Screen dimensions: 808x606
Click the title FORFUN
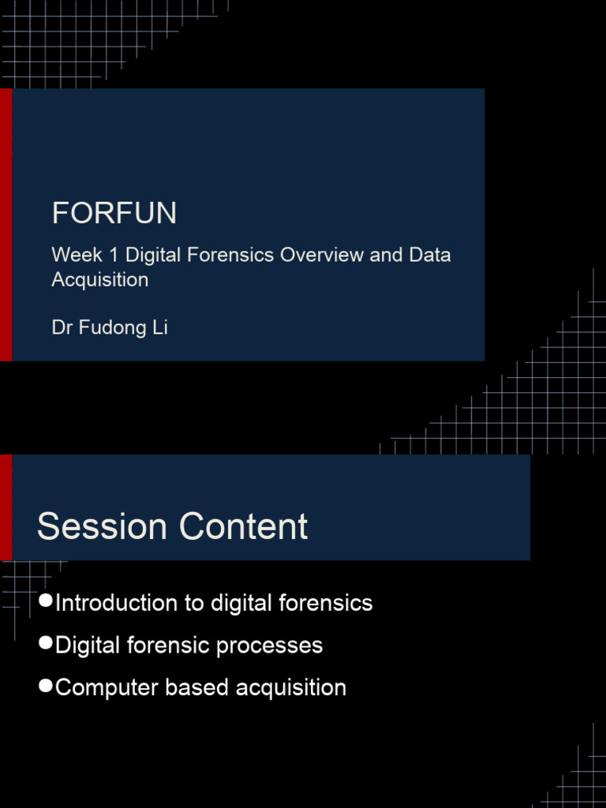pyautogui.click(x=114, y=213)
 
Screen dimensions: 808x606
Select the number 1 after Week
pyautogui.click(x=110, y=255)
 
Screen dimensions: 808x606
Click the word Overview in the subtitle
pyautogui.click(x=322, y=255)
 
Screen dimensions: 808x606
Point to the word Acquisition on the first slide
pyautogui.click(x=99, y=279)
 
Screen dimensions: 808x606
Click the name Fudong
pyautogui.click(x=111, y=327)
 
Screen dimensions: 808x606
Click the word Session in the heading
pyautogui.click(x=102, y=526)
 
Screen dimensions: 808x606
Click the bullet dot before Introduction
pyautogui.click(x=46, y=602)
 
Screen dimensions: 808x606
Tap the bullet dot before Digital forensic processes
pyautogui.click(x=46, y=644)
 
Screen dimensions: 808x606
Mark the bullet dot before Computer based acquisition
pyautogui.click(x=46, y=686)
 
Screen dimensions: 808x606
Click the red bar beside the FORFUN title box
pyautogui.click(x=6, y=224)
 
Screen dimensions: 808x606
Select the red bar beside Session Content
pyautogui.click(x=6, y=507)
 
